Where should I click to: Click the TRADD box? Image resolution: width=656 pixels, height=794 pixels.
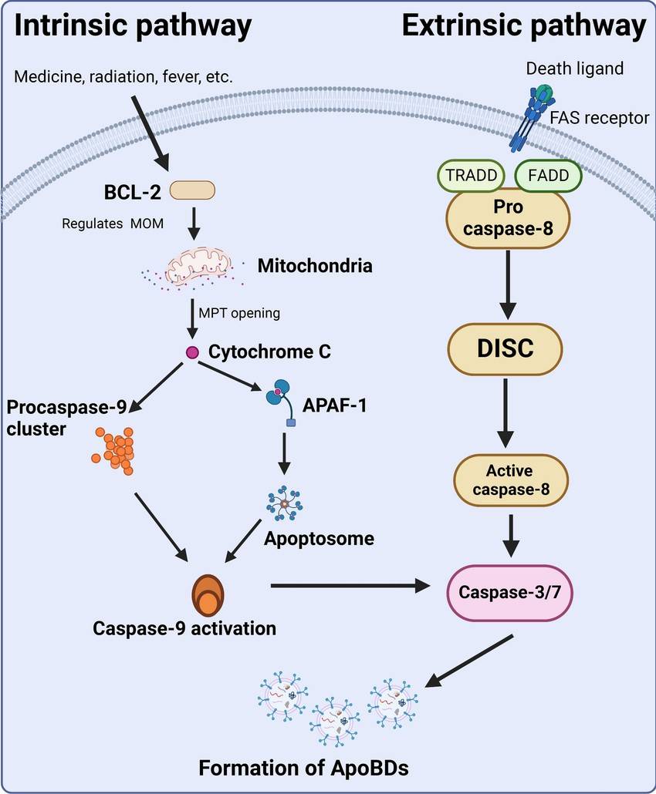click(471, 175)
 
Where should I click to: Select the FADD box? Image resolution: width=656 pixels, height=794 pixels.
click(548, 175)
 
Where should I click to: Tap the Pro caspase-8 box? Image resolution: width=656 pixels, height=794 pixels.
click(508, 218)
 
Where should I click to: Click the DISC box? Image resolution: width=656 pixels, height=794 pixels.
click(506, 348)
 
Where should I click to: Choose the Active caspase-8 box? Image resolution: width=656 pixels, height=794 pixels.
click(509, 480)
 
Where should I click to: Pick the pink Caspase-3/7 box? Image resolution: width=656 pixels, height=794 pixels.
click(509, 593)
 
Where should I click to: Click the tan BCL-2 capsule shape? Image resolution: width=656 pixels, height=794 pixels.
click(192, 190)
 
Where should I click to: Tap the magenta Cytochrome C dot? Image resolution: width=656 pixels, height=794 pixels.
click(192, 352)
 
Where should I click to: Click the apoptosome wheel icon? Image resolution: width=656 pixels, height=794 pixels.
click(285, 503)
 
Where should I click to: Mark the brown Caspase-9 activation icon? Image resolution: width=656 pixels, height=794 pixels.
click(208, 596)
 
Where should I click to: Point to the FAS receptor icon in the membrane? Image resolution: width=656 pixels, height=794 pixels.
click(533, 117)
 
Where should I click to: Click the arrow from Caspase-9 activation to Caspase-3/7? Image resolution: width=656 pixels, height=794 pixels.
click(350, 587)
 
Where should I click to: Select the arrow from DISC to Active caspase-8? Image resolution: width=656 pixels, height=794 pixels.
click(506, 413)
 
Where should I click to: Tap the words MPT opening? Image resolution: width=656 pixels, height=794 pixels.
click(239, 313)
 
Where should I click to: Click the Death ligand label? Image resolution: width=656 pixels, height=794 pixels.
click(575, 69)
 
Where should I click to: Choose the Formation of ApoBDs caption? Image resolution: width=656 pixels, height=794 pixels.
click(303, 768)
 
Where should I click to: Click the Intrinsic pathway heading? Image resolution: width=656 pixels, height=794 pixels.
click(133, 26)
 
